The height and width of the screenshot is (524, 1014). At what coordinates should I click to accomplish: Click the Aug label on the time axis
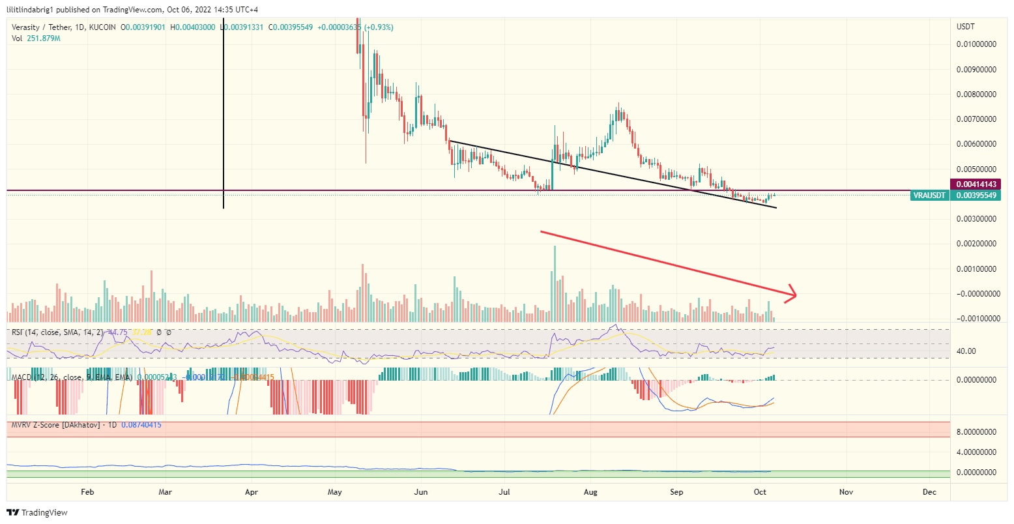pyautogui.click(x=590, y=492)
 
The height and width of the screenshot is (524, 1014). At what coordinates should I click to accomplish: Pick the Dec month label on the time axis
pyautogui.click(x=930, y=492)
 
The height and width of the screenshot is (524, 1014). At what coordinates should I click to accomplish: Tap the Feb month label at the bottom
pyautogui.click(x=87, y=492)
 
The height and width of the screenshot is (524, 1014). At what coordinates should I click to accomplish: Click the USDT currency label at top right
pyautogui.click(x=966, y=27)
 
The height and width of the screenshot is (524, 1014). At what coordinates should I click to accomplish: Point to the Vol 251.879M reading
pyautogui.click(x=36, y=38)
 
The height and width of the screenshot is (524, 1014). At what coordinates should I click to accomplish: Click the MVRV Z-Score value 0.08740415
pyautogui.click(x=141, y=425)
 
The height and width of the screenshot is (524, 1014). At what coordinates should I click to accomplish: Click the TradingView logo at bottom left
pyautogui.click(x=37, y=513)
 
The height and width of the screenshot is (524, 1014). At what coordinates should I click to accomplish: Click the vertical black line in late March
pyautogui.click(x=224, y=117)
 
